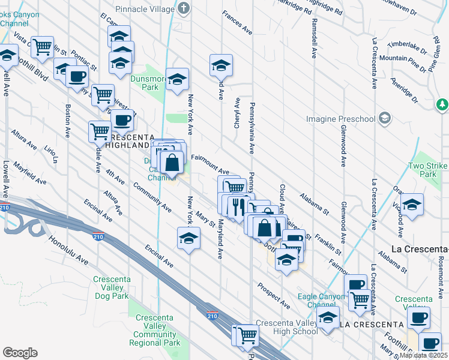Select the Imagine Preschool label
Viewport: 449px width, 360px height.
340,119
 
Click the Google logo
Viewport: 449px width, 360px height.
20,353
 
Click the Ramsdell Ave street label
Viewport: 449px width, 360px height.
313,37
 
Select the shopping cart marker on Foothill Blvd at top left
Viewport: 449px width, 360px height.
42,46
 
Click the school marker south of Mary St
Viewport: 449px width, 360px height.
188,238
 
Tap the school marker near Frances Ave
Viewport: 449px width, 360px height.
221,64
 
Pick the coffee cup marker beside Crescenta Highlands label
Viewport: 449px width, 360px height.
122,119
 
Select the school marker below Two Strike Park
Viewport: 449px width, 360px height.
412,205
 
